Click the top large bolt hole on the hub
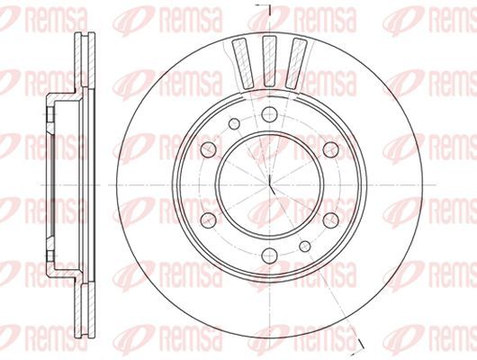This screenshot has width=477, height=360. [x=269, y=114]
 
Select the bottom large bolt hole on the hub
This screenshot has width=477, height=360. [x=269, y=256]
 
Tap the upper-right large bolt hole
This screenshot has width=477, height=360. [x=330, y=149]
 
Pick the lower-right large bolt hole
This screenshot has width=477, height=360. [x=330, y=220]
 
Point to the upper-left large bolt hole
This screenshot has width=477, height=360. [x=209, y=149]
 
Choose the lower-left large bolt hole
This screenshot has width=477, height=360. [x=209, y=220]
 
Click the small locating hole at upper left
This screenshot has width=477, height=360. [x=234, y=123]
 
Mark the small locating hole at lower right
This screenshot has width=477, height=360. [x=305, y=247]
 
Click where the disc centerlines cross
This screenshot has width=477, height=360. [x=269, y=184]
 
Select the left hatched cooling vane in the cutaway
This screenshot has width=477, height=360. [x=242, y=64]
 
